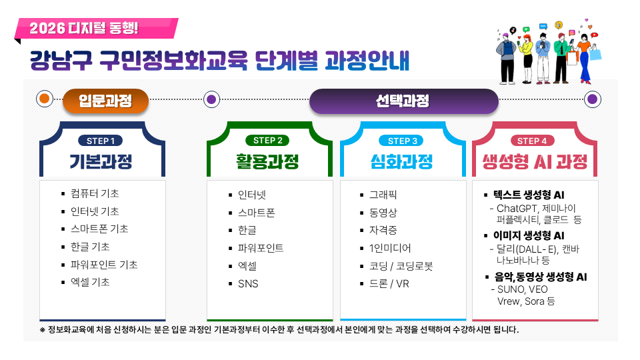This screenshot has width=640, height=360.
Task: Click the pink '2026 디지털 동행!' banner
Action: click(x=97, y=29)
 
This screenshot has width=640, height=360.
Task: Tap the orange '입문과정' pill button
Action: click(x=105, y=101)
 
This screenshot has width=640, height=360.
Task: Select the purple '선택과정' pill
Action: click(x=403, y=101)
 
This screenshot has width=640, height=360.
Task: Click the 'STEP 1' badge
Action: click(x=101, y=141)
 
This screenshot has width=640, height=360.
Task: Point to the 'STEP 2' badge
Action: click(x=268, y=141)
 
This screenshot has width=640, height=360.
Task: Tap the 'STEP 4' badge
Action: click(x=532, y=141)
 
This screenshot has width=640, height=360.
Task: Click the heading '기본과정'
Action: click(x=101, y=162)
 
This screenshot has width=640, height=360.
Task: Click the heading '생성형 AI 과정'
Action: click(x=535, y=162)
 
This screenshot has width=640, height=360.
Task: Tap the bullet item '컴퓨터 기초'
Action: click(x=95, y=193)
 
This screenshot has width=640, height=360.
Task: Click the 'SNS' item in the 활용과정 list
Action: click(x=248, y=284)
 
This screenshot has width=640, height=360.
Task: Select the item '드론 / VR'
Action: click(x=389, y=284)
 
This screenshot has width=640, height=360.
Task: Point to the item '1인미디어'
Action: click(x=391, y=248)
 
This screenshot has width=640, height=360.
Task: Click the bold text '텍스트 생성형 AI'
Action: click(x=529, y=195)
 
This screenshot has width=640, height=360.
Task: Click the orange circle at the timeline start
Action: click(x=45, y=99)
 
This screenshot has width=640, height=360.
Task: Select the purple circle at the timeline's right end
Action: click(x=592, y=99)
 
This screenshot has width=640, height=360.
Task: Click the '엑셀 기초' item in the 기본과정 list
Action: click(x=90, y=282)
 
